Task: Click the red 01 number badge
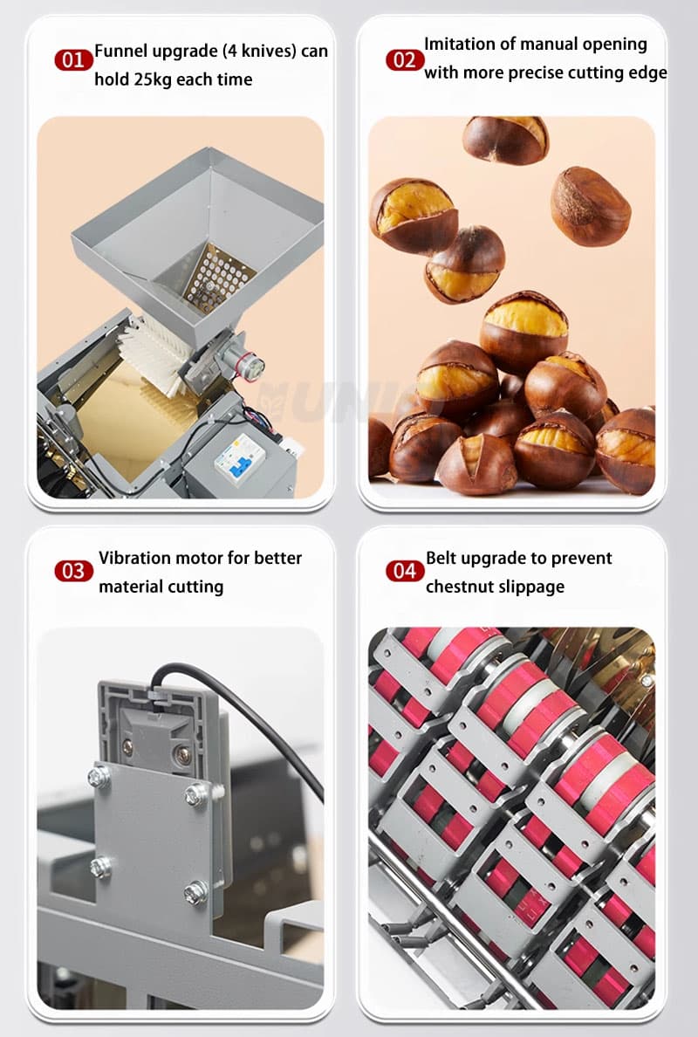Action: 73,60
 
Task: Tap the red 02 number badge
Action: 405,60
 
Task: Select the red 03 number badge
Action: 73,571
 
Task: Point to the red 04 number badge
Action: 405,571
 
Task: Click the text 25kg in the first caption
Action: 154,80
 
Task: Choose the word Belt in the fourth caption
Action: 441,558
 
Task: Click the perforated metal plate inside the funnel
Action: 218,276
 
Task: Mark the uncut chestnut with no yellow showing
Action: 591,206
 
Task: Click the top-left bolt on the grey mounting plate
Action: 99,776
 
